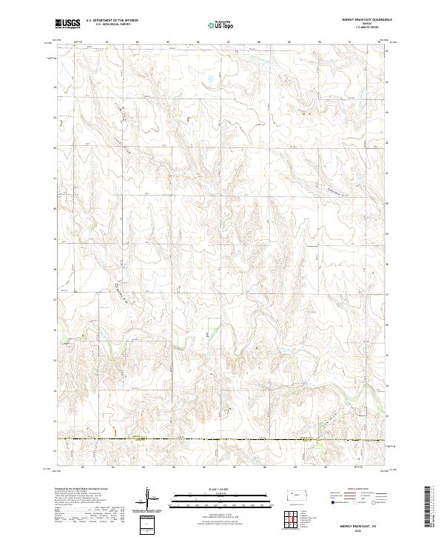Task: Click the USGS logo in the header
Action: pyautogui.click(x=67, y=24)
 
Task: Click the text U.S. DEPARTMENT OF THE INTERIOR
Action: pyautogui.click(x=112, y=21)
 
